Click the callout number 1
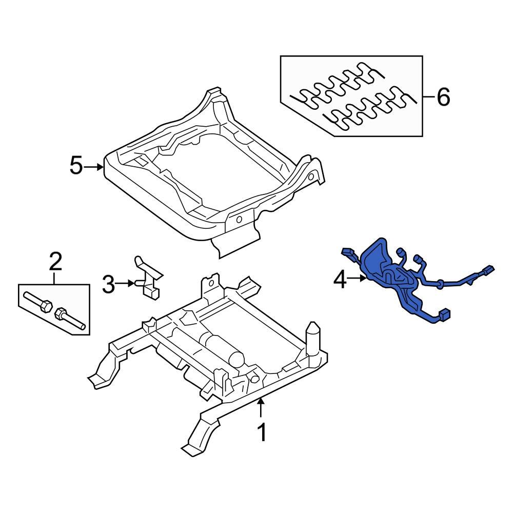coord(262,432)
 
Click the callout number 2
coord(55,262)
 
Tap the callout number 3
coord(108,284)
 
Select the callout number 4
coord(341,279)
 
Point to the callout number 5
coord(76,166)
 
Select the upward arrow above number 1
coord(262,408)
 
